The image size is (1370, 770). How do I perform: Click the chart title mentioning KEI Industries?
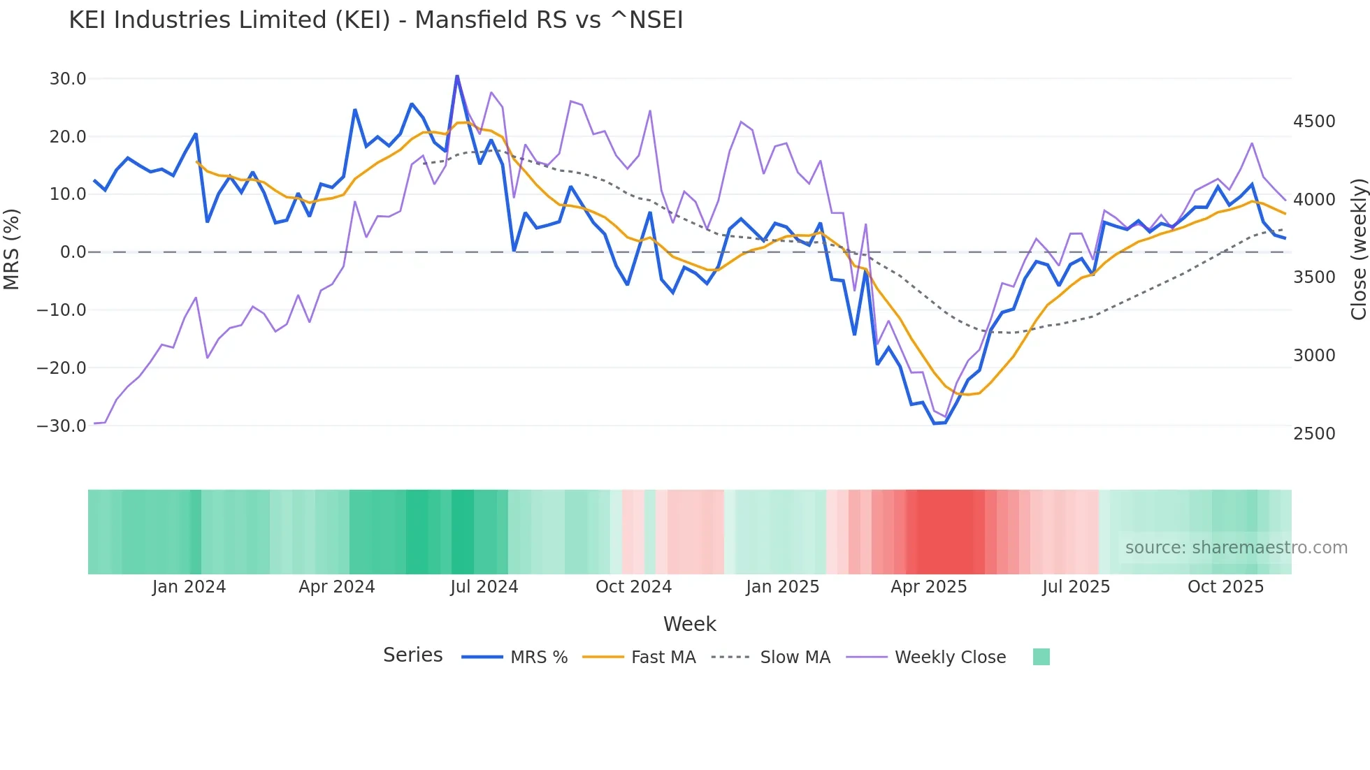pyautogui.click(x=375, y=20)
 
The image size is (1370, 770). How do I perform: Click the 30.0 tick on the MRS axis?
pyautogui.click(x=68, y=79)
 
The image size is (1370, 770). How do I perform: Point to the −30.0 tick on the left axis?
pyautogui.click(x=62, y=426)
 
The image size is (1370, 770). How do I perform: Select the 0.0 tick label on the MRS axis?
pyautogui.click(x=73, y=252)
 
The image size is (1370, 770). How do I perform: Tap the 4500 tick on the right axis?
pyautogui.click(x=1314, y=122)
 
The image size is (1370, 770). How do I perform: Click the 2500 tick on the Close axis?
pyautogui.click(x=1314, y=433)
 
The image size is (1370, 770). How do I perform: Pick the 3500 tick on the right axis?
pyautogui.click(x=1314, y=277)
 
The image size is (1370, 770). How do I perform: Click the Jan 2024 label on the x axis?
pyautogui.click(x=189, y=587)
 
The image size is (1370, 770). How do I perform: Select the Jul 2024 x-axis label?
pyautogui.click(x=484, y=587)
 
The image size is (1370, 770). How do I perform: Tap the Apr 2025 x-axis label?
pyautogui.click(x=928, y=587)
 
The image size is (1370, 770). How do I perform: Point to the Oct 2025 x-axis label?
pyautogui.click(x=1225, y=587)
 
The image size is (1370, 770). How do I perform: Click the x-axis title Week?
pyautogui.click(x=689, y=624)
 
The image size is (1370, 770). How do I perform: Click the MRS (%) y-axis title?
pyautogui.click(x=12, y=249)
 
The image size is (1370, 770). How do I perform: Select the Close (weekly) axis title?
pyautogui.click(x=1358, y=249)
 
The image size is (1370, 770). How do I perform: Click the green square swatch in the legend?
pyautogui.click(x=1041, y=657)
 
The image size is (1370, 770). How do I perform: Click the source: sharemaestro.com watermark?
pyautogui.click(x=1236, y=548)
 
